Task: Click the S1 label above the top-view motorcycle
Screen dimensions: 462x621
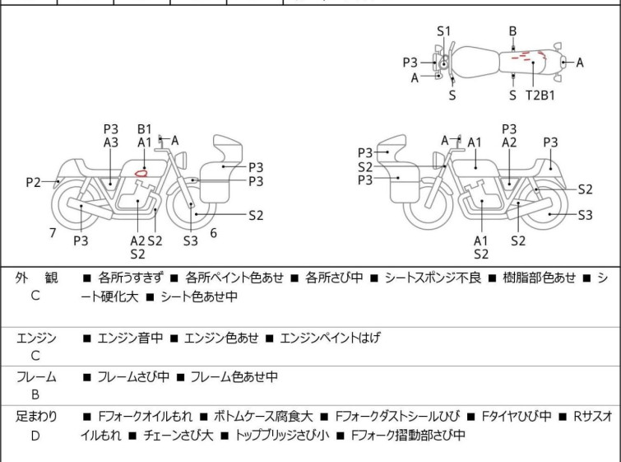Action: click(444, 31)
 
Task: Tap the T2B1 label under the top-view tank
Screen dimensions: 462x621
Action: click(540, 95)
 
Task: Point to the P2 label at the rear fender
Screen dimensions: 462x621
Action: click(33, 182)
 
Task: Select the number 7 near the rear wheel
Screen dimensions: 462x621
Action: click(53, 233)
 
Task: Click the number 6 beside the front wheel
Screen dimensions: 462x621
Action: click(213, 233)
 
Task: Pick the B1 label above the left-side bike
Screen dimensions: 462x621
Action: click(145, 128)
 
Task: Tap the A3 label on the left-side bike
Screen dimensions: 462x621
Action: click(111, 142)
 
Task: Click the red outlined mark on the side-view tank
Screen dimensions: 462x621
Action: click(141, 172)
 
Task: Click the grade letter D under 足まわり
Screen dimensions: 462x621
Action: click(35, 435)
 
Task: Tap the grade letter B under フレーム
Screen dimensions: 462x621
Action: click(35, 395)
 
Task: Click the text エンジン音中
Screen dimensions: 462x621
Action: click(131, 338)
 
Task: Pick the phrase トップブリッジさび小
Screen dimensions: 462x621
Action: click(283, 435)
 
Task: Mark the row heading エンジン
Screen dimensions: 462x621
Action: click(36, 338)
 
